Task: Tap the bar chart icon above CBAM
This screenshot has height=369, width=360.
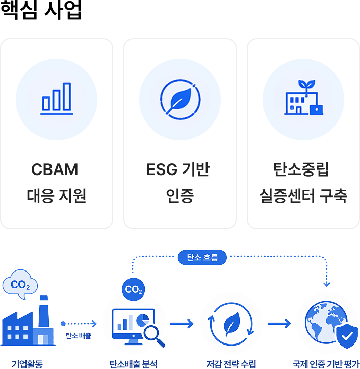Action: point(57,99)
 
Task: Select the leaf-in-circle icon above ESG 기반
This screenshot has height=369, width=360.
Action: point(180,100)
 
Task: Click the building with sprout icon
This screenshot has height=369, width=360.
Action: point(303,97)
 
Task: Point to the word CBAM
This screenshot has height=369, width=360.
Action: point(55,169)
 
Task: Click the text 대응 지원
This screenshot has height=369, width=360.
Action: point(56,195)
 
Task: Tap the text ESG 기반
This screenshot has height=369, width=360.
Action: point(178,169)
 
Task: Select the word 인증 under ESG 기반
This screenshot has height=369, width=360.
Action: point(180,195)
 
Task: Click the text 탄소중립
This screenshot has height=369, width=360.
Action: point(301,169)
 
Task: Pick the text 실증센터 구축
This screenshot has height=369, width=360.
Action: point(303,195)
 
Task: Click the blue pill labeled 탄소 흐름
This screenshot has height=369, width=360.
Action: point(202,257)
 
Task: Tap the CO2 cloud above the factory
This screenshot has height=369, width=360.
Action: point(20,284)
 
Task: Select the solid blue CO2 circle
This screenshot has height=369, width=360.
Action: point(133,289)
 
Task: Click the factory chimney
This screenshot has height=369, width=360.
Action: point(44,311)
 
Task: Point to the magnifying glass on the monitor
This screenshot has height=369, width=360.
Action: point(155,336)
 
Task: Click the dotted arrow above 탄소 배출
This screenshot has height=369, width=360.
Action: point(79,324)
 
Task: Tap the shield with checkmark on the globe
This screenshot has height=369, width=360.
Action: point(347,336)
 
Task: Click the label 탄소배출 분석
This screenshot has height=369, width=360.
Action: point(133,364)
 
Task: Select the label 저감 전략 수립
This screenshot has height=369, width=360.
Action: point(231,364)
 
